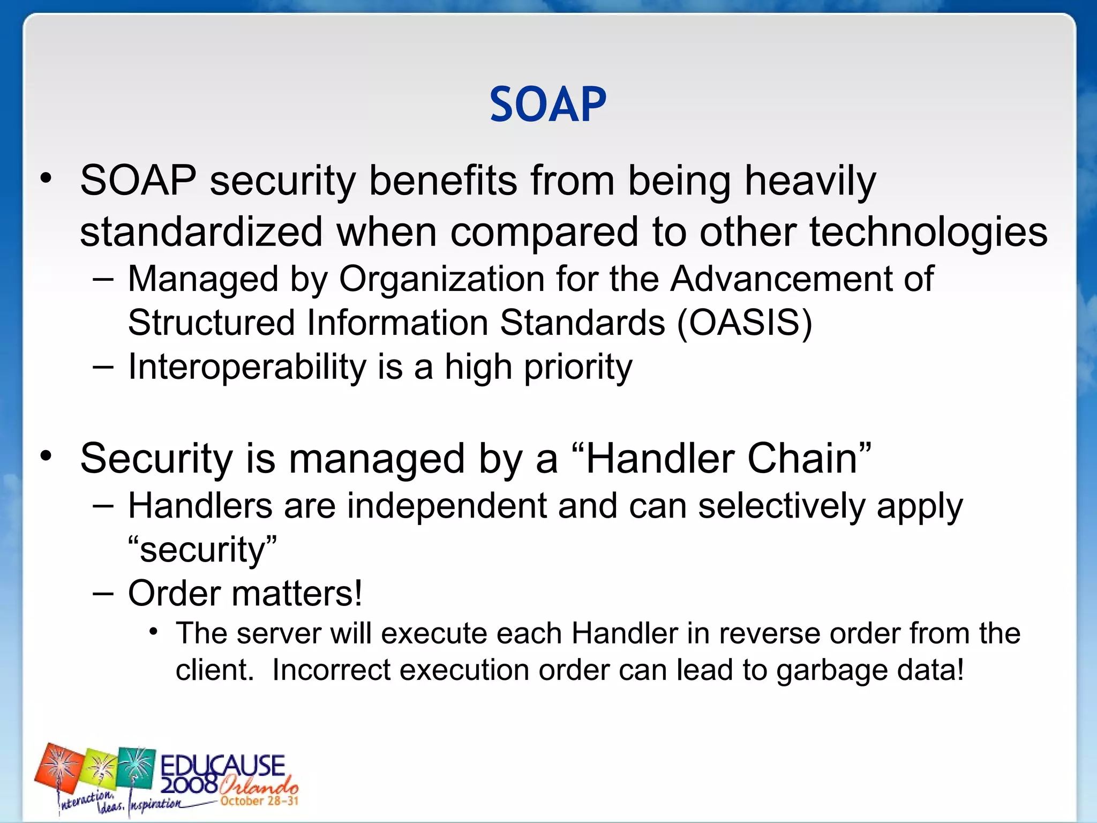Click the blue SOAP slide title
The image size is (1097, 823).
pyautogui.click(x=548, y=104)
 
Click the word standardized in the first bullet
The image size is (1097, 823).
pyautogui.click(x=201, y=232)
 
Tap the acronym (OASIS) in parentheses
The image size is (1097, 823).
pyautogui.click(x=745, y=323)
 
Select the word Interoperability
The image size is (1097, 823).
pyautogui.click(x=247, y=367)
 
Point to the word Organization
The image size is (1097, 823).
pyautogui.click(x=441, y=279)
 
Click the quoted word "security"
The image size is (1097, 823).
pyautogui.click(x=202, y=550)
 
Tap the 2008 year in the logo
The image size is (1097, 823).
pyautogui.click(x=189, y=785)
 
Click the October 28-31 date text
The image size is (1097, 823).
pyautogui.click(x=259, y=801)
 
